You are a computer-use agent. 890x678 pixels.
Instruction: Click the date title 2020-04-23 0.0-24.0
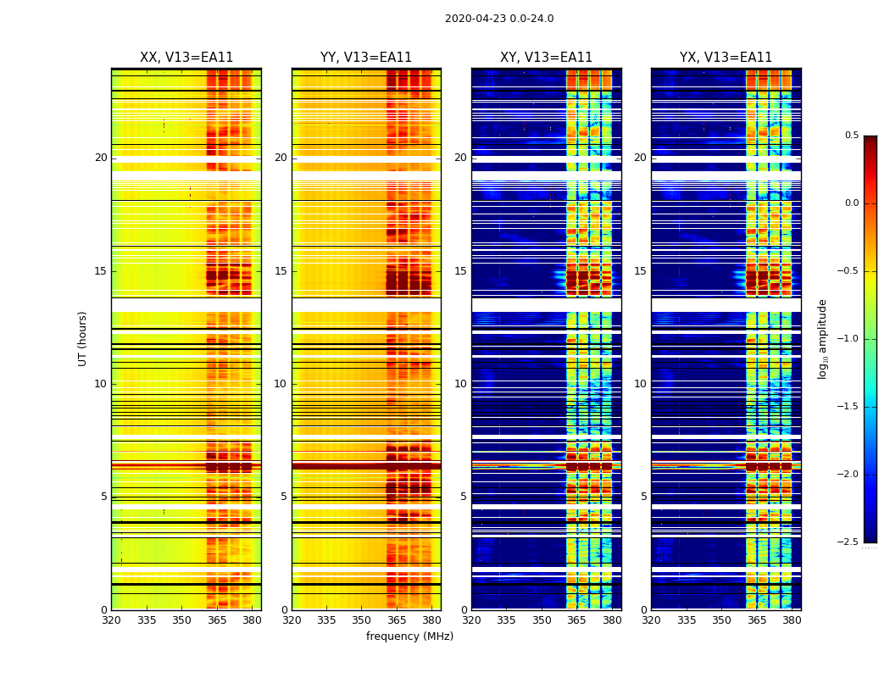click(499, 19)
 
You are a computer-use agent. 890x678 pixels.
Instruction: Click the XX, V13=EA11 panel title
click(186, 58)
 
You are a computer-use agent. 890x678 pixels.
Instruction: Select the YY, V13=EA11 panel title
click(366, 58)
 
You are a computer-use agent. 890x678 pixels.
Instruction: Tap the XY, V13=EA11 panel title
click(546, 58)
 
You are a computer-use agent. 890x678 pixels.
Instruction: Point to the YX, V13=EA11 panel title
click(726, 58)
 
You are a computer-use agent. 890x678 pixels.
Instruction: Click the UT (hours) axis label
click(82, 338)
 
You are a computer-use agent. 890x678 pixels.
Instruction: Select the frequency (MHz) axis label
click(409, 636)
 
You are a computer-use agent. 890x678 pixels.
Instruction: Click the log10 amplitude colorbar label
click(822, 338)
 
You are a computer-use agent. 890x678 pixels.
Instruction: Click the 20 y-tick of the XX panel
click(101, 158)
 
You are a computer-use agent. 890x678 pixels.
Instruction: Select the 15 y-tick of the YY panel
click(281, 271)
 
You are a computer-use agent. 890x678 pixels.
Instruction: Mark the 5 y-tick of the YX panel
click(643, 497)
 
